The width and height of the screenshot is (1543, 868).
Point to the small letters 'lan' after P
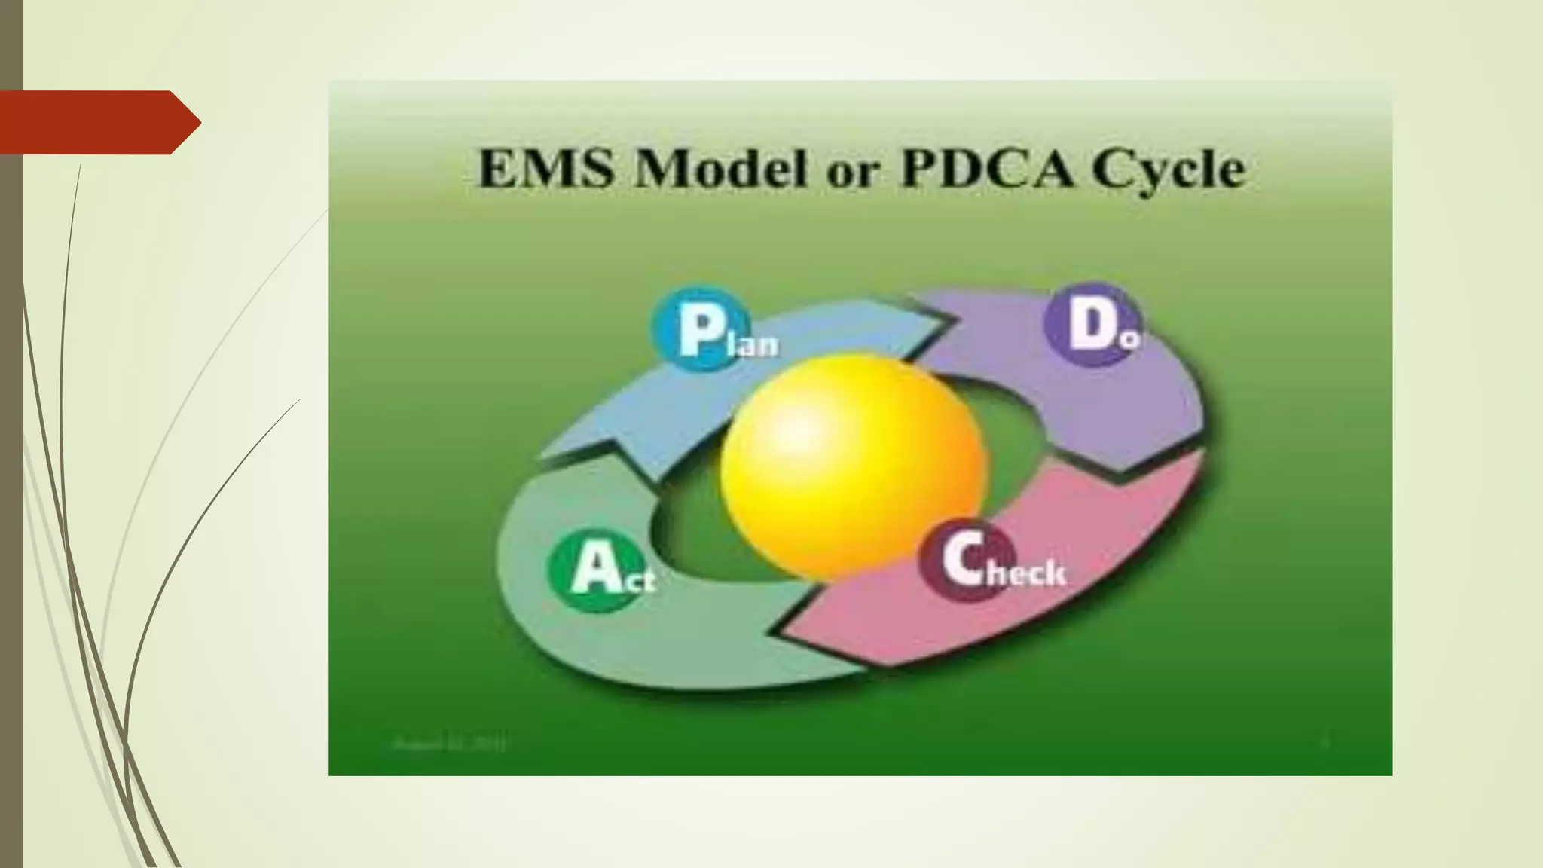(x=756, y=344)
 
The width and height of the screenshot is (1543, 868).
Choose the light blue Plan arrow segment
(x=648, y=407)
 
